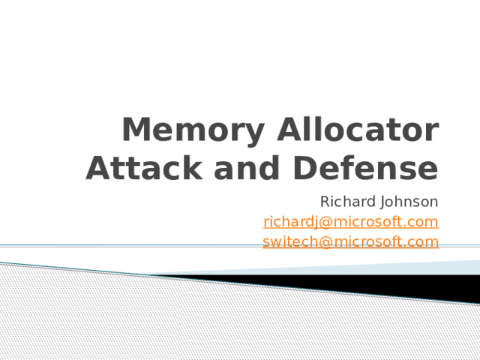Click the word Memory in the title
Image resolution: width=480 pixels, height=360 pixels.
point(193,130)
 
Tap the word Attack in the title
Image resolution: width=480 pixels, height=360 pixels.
point(144,168)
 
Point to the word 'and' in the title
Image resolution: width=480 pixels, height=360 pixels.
point(247,168)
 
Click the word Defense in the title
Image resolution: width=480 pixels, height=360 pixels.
point(366,168)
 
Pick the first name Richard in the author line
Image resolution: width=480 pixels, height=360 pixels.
point(348,202)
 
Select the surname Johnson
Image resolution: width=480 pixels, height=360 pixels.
point(409,202)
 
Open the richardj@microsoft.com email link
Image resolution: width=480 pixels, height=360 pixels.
point(351,222)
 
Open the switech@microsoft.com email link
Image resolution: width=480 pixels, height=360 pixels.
point(351,241)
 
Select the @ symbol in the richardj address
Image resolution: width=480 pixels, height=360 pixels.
point(325,223)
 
